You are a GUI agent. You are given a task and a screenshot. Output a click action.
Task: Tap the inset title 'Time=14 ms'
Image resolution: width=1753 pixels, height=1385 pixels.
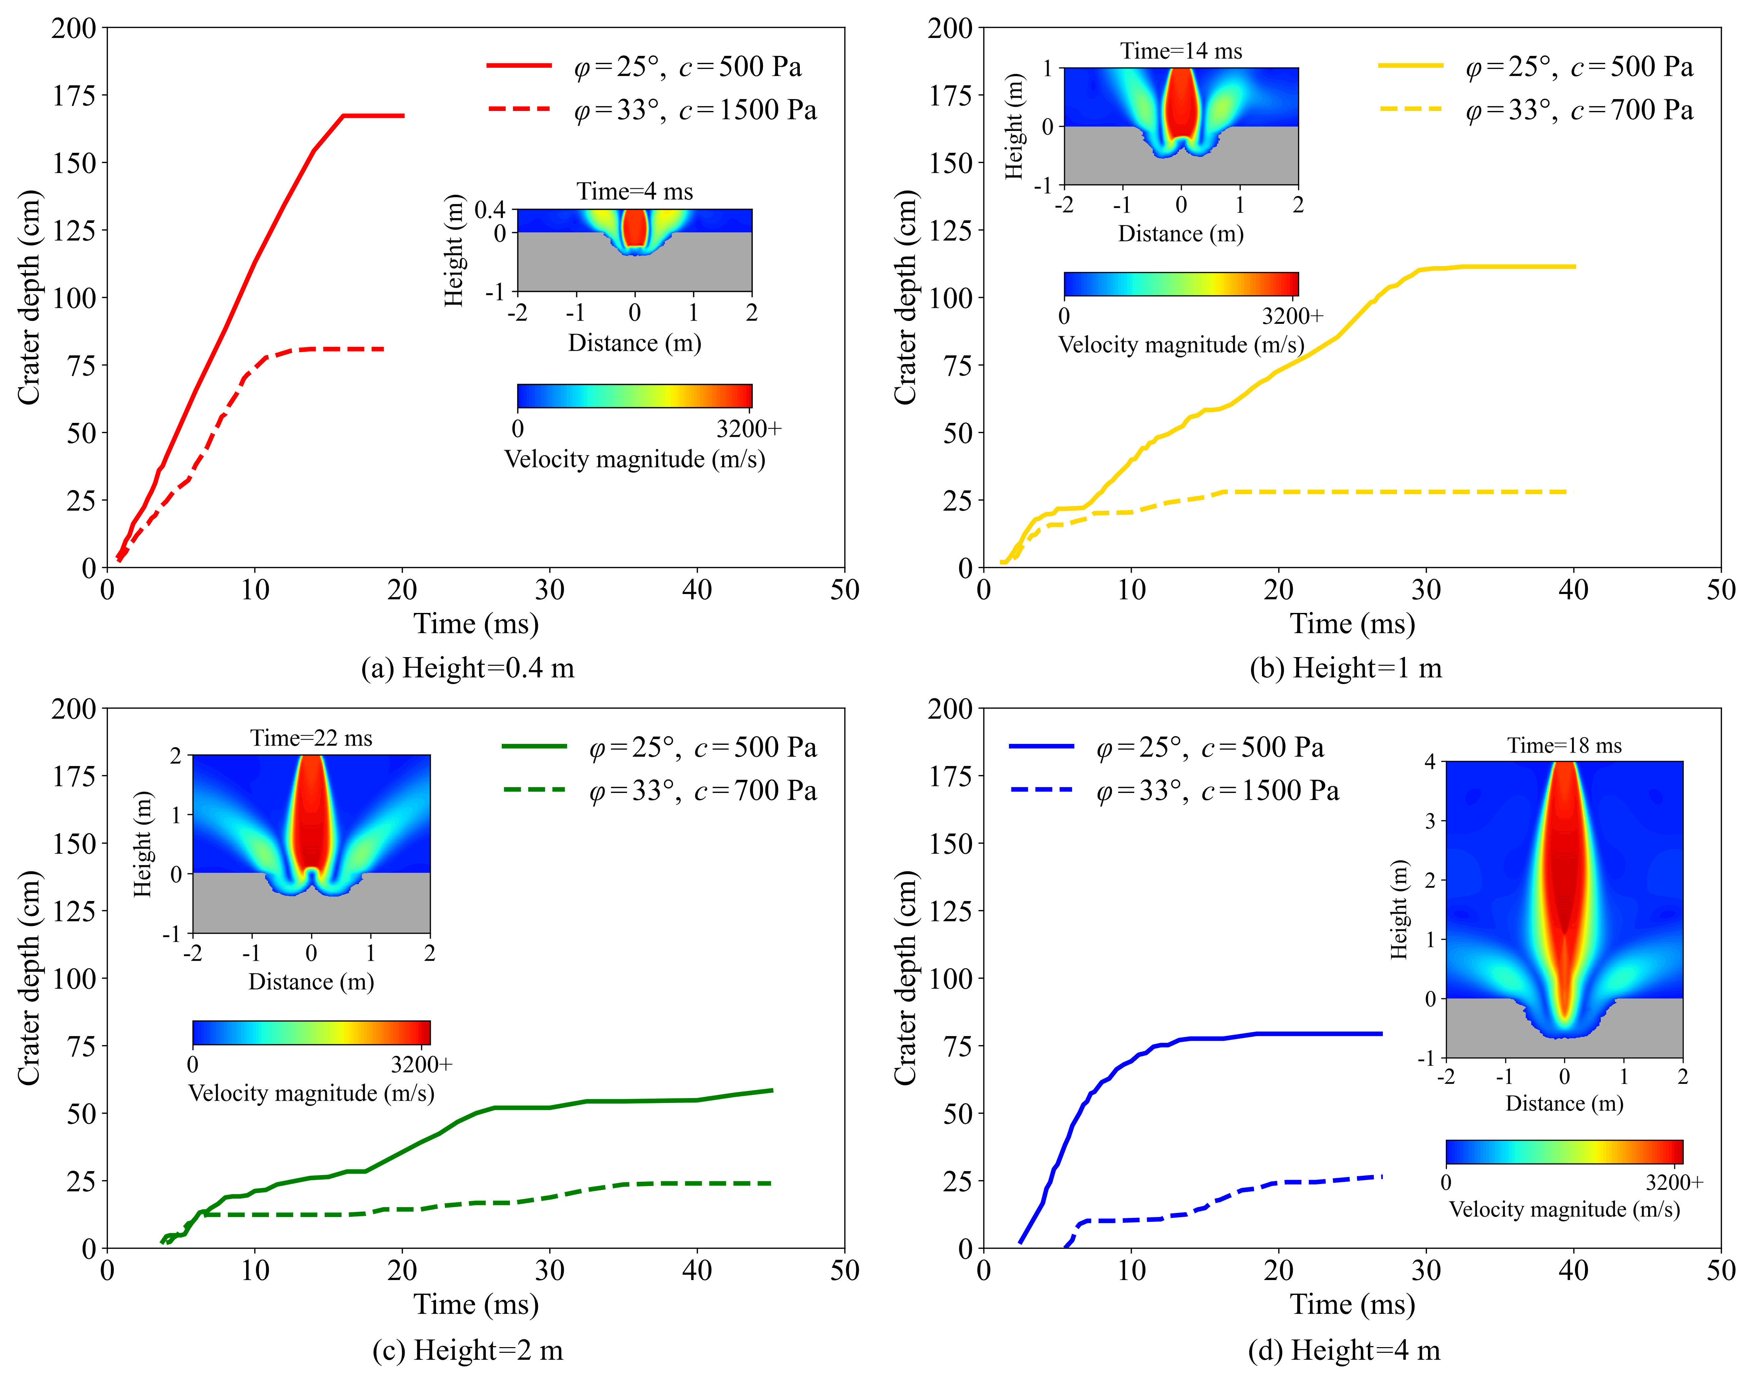pos(1181,51)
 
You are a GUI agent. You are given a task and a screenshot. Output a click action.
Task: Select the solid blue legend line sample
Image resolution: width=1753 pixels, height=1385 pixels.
pos(1042,745)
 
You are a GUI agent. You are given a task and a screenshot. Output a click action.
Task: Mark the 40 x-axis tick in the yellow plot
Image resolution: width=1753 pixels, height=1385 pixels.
pos(1573,590)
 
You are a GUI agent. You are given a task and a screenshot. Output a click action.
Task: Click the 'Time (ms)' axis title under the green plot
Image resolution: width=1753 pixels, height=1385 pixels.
pos(476,1304)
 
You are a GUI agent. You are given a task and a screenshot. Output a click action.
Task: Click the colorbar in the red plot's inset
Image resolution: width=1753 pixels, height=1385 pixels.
pos(634,396)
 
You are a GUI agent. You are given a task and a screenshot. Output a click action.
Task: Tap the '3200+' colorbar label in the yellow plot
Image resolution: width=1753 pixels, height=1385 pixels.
pos(1292,316)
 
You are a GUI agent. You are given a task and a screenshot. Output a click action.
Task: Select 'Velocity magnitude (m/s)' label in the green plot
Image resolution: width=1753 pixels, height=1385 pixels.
pos(311,1093)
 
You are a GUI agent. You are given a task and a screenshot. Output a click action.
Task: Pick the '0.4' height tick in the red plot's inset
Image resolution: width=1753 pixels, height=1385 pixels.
pos(489,210)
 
